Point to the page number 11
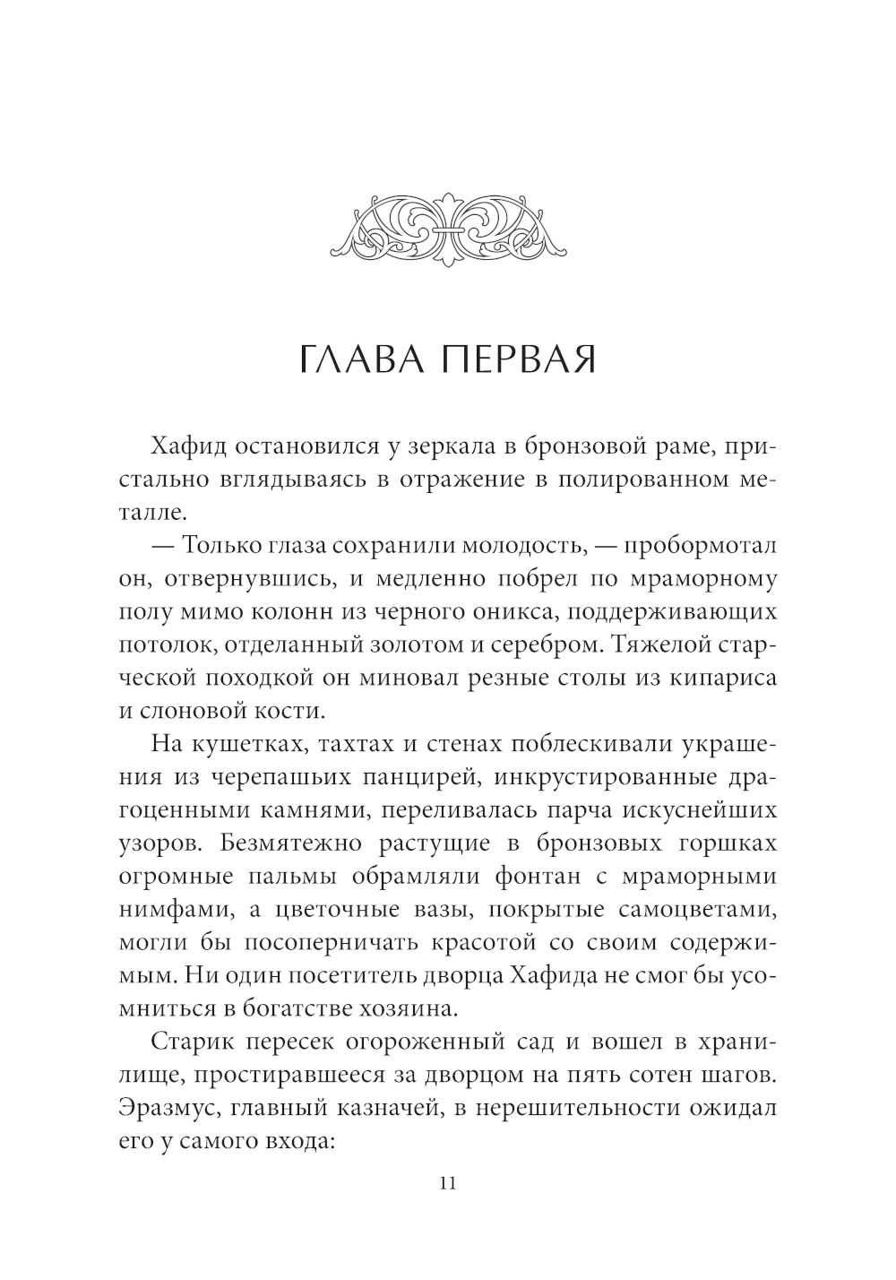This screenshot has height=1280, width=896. click(448, 1182)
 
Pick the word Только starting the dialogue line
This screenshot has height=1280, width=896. click(230, 546)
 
